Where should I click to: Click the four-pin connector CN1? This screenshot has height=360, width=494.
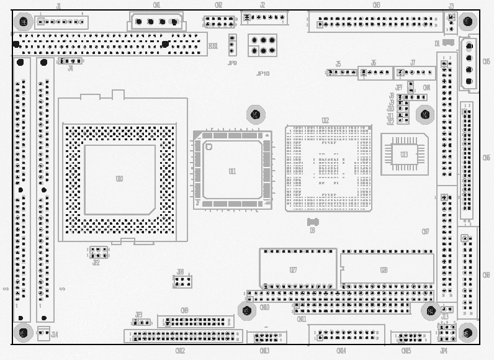point(156,22)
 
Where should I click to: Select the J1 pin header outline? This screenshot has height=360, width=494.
point(61,23)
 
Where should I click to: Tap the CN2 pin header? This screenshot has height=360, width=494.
point(219,22)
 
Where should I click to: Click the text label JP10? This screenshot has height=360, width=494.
point(263,73)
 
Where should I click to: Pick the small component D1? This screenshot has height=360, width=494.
point(447,43)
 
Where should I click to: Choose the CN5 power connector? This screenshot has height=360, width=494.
point(469,63)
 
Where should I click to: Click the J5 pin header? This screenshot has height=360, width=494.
point(341,73)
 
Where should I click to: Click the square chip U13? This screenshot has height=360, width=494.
point(404,154)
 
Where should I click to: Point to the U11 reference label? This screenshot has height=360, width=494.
point(232,171)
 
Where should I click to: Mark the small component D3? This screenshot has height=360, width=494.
point(312,222)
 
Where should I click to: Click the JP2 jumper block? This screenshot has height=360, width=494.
point(98,253)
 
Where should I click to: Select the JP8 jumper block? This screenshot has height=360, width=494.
point(182,282)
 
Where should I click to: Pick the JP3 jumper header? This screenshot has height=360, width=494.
point(141,322)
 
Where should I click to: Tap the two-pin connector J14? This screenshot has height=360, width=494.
point(43,333)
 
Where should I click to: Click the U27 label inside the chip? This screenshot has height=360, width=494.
point(293,270)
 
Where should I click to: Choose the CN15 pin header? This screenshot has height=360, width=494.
point(410,338)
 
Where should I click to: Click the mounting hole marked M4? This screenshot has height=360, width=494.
point(430,310)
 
